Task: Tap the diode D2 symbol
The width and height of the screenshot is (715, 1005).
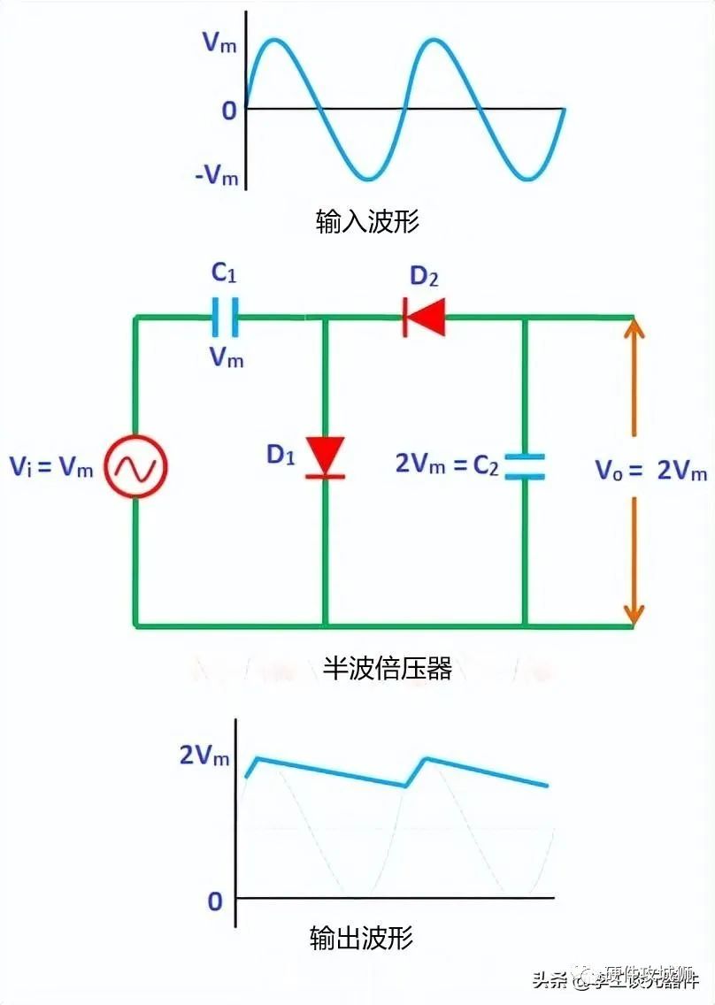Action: coord(424,317)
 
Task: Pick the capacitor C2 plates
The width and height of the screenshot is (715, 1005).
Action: coord(525,466)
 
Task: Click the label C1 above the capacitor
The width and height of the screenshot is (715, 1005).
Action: coord(224,274)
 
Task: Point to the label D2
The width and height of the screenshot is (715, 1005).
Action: coord(424,276)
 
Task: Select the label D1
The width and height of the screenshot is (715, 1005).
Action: coord(281,456)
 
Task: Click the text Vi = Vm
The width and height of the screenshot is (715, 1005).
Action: coord(51,467)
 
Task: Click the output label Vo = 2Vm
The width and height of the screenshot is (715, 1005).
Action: coord(650,470)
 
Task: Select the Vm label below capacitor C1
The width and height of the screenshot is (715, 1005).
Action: coord(226,358)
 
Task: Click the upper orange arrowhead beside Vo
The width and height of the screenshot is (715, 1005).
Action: coord(634,333)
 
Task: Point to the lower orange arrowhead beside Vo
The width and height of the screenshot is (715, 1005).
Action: coord(634,611)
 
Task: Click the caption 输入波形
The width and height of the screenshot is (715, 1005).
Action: coord(367,221)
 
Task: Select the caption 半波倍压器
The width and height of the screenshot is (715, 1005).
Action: coord(387,669)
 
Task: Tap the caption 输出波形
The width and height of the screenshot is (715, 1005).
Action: coord(361,938)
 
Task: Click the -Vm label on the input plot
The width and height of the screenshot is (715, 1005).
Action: coord(217,176)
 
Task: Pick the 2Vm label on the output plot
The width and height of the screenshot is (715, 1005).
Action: coord(204,756)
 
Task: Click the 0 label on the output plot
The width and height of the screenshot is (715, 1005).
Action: coord(215,901)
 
